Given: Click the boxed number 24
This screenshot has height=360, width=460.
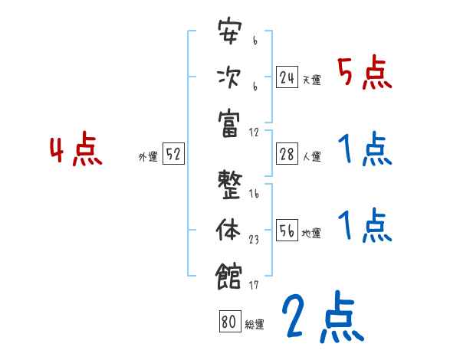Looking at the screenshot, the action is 287,77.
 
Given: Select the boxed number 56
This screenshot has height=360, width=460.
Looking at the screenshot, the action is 287,231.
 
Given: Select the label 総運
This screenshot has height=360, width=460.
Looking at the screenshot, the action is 254,324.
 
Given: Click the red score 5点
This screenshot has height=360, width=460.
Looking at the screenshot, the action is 364,74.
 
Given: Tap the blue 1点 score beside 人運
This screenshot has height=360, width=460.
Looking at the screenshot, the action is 364,149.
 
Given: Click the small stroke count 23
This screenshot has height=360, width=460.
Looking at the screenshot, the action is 254,240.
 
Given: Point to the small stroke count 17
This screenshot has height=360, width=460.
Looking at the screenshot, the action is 254,285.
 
